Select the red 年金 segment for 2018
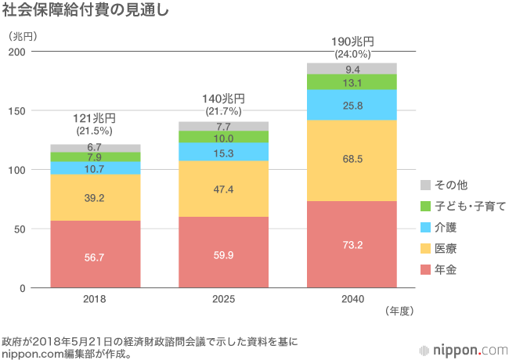point(95,254)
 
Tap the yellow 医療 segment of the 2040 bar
point(352,160)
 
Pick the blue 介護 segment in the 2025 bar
point(223,152)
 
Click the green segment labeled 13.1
point(352,82)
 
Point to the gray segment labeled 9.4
point(352,68)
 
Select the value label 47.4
point(223,189)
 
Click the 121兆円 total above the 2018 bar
point(95,119)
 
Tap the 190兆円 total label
point(352,41)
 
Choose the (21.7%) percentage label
point(224,112)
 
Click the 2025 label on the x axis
point(223,299)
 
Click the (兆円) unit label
point(23,35)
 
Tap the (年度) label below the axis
point(399,311)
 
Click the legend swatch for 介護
point(426,227)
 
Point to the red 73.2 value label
point(352,244)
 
